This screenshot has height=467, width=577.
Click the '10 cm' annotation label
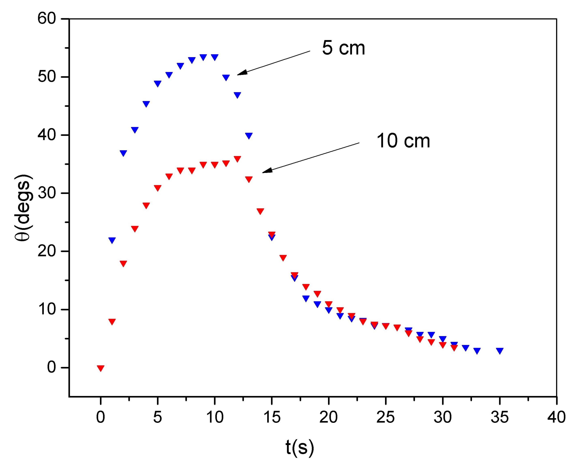[x=403, y=141]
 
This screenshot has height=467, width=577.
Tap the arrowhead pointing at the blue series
[x=242, y=73]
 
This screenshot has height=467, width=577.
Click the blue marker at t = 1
[x=112, y=240]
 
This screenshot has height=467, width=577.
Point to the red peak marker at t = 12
[x=237, y=159]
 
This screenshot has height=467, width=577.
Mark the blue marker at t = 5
[x=158, y=83]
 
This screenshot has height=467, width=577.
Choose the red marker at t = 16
[x=283, y=257]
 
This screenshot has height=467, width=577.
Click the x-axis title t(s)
[x=299, y=447]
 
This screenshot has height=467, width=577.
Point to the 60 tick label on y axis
[x=47, y=19]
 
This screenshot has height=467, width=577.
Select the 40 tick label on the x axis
[x=556, y=417]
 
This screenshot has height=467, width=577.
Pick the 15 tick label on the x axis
[x=271, y=417]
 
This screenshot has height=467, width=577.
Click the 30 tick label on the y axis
[x=47, y=193]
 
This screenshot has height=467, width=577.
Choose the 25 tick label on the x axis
[x=385, y=417]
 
